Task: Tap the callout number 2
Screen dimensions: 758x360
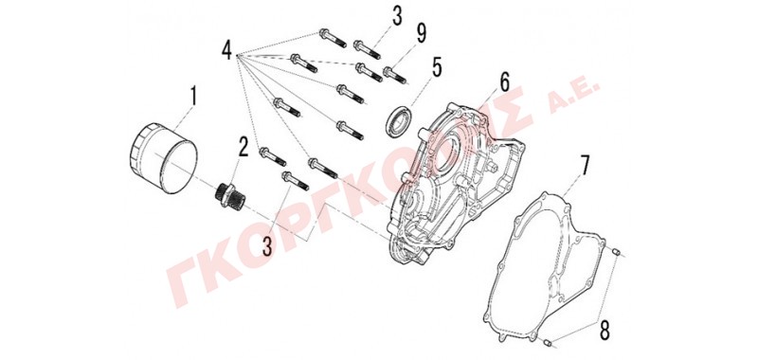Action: pos(243,146)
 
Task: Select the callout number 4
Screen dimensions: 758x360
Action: pos(227,50)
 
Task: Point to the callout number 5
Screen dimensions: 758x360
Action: pos(437,68)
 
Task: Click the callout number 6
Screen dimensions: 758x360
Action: pos(504,83)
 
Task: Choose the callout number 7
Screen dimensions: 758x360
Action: pos(585,166)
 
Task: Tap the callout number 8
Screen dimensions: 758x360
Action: pos(604,331)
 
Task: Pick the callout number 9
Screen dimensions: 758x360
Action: pos(421,33)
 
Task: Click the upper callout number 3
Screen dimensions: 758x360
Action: pos(397,16)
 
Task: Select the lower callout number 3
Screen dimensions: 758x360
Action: pos(267,245)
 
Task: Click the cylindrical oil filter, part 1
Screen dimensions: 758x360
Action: pos(164,158)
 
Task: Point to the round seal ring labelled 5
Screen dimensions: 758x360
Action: pos(400,120)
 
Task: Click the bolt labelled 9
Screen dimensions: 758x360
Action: pos(395,76)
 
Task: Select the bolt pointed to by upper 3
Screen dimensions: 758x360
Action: pos(367,50)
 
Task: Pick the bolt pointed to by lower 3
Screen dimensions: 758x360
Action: pos(295,180)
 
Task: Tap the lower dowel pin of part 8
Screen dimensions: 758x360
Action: pos(548,343)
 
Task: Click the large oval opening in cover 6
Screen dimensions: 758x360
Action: pos(446,154)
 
